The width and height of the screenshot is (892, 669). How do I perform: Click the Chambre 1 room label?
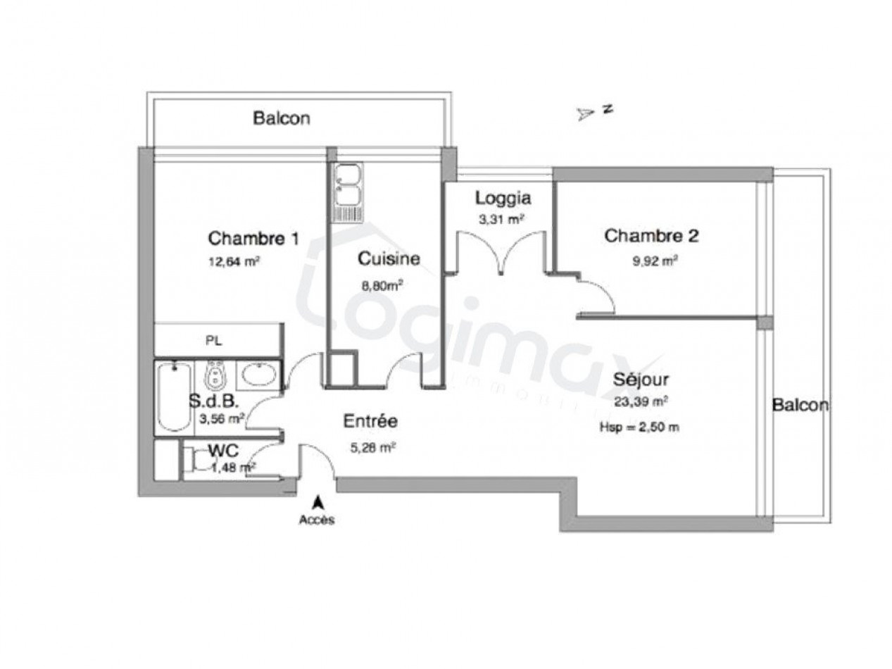[x=253, y=238]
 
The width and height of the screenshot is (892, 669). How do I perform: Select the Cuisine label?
[x=389, y=258]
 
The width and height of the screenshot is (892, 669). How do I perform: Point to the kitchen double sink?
[x=347, y=183]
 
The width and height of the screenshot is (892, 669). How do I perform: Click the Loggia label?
[x=502, y=197]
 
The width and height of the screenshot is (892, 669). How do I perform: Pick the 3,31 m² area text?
[x=501, y=219]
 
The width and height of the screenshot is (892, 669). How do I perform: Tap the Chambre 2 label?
[x=651, y=236]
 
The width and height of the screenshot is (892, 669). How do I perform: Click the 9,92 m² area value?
[x=655, y=260]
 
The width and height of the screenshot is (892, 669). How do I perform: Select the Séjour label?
[x=640, y=380]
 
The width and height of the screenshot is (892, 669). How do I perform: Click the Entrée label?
[x=370, y=422]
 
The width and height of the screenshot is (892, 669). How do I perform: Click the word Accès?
[x=317, y=520]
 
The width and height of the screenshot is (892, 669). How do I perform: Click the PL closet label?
[x=213, y=341]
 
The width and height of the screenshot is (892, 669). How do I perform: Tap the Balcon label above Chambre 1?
[x=282, y=118]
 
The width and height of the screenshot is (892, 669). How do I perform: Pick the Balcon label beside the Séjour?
[x=800, y=406]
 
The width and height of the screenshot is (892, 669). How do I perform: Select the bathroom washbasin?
[x=260, y=374]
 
